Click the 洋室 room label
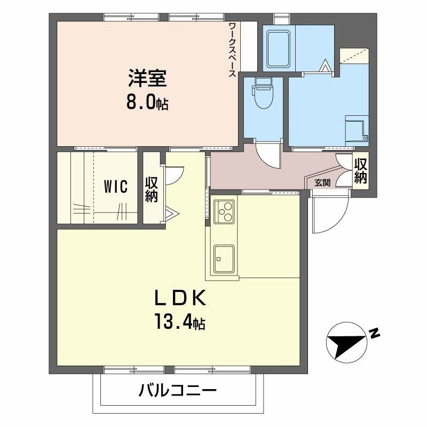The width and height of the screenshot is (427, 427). coord(147,78)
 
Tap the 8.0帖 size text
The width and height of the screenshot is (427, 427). coord(147,102)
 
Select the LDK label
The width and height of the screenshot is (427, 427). coord(180,298)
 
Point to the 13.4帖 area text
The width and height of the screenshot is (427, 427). coord(180,321)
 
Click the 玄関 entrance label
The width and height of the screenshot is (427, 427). coord(323,183)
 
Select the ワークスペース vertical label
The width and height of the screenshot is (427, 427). coord(232,50)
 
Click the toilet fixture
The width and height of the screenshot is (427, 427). coord(263,93)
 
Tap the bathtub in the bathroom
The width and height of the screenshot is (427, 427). coord(279,49)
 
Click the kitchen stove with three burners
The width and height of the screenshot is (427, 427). coord(224,211)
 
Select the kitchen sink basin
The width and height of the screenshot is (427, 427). coord(224,259)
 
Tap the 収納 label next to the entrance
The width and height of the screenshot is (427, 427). coord(361,171)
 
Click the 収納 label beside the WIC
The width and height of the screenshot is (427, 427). coord(152,189)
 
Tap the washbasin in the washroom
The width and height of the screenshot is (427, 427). coord(357,129)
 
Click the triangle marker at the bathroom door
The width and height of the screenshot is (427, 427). coord(325,66)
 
